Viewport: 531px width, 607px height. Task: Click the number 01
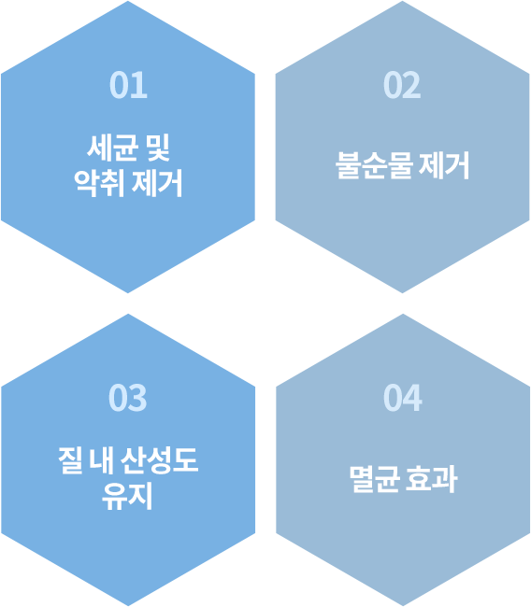click(128, 85)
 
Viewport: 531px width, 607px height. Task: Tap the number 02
click(402, 85)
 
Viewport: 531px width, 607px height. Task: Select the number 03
click(127, 398)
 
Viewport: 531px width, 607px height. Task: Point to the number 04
click(403, 398)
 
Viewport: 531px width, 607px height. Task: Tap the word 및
click(158, 148)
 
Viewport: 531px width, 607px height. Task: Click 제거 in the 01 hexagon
click(157, 183)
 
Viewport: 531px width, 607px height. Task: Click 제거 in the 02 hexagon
click(444, 165)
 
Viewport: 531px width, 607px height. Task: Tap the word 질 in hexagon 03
click(70, 460)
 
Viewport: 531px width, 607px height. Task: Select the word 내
click(101, 460)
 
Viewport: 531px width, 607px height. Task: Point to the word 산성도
click(159, 460)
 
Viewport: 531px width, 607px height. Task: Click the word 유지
click(127, 496)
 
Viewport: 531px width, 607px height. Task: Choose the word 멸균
click(375, 479)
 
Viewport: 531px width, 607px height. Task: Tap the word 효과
click(432, 479)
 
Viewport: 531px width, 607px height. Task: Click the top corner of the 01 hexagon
click(128, 1)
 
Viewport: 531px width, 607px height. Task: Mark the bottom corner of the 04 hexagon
click(403, 606)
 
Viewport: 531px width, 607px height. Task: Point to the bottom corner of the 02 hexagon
click(402, 293)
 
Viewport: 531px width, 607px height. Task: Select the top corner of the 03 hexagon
click(128, 314)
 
